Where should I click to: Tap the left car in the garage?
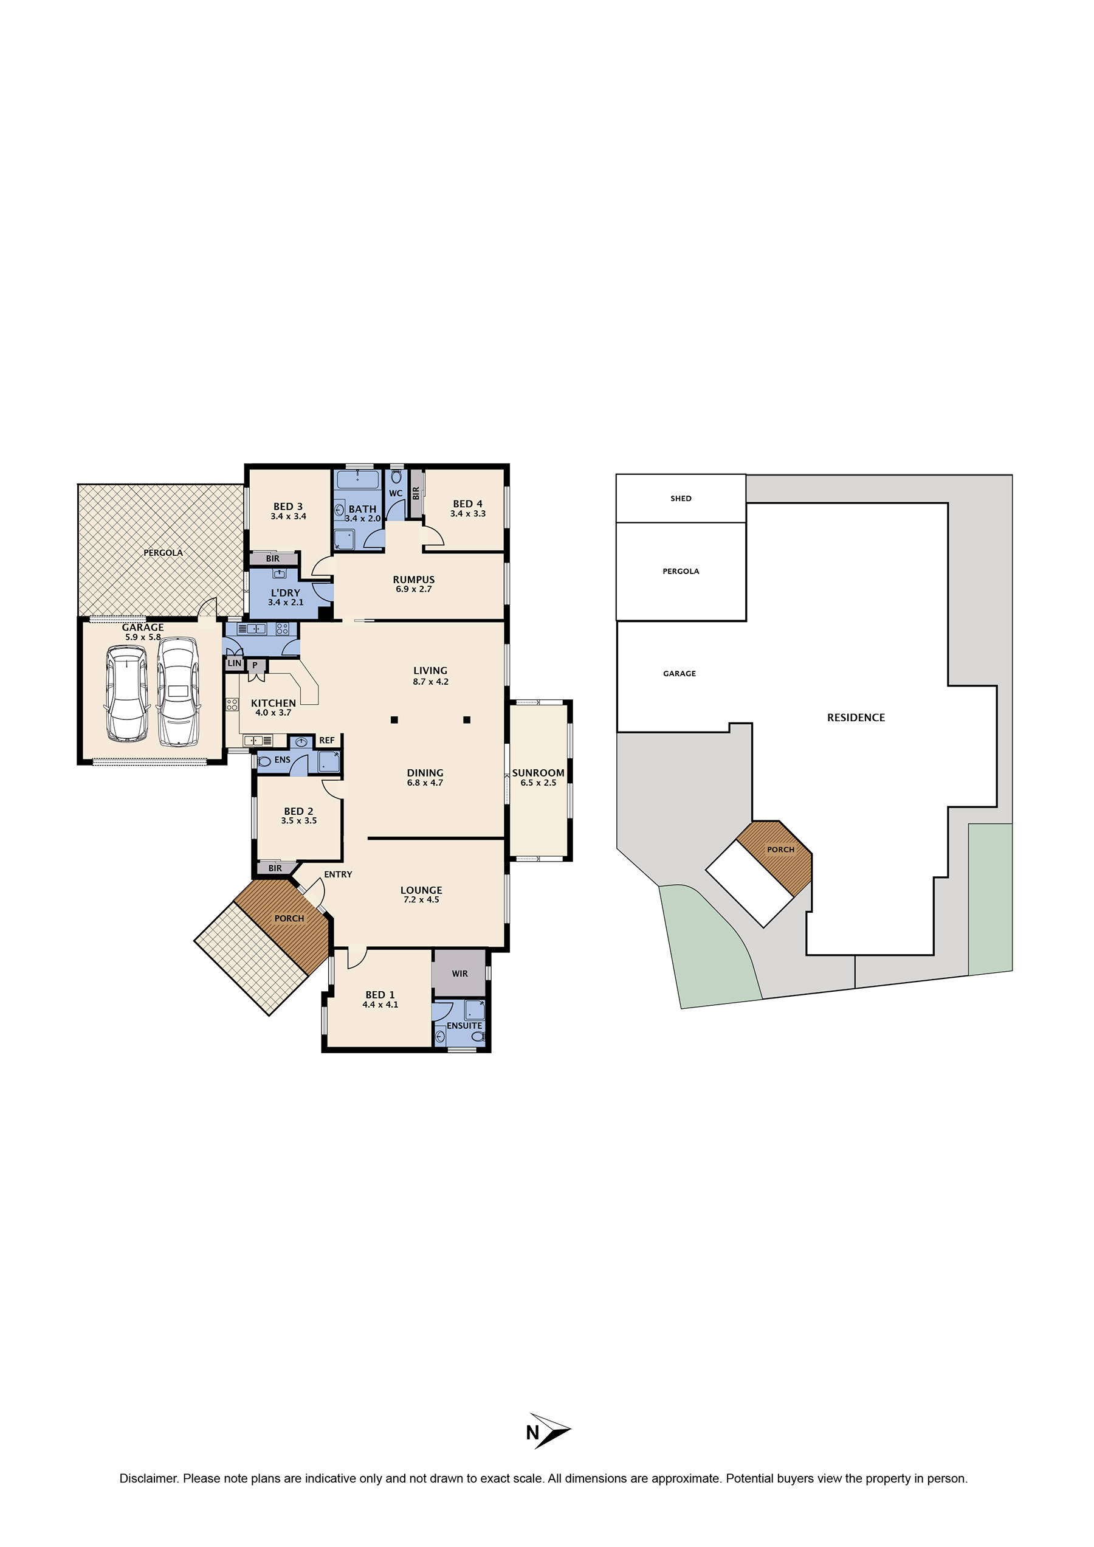tap(126, 694)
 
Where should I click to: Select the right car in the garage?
tap(178, 692)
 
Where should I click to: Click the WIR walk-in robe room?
tap(459, 974)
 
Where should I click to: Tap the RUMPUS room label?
tap(414, 580)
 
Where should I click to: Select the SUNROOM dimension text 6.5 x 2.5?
tap(538, 783)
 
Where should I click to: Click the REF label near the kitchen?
tap(327, 740)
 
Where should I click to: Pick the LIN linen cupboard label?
tap(235, 663)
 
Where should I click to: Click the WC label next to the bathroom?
tap(396, 493)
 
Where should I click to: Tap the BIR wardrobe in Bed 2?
tap(275, 868)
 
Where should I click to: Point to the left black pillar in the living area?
tap(394, 720)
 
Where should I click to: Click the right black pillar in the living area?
tap(467, 720)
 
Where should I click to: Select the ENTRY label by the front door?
tap(337, 874)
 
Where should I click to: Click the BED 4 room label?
tap(467, 504)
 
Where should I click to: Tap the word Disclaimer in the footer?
tap(148, 1478)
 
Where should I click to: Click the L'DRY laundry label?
tap(286, 593)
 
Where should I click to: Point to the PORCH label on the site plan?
tap(781, 850)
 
